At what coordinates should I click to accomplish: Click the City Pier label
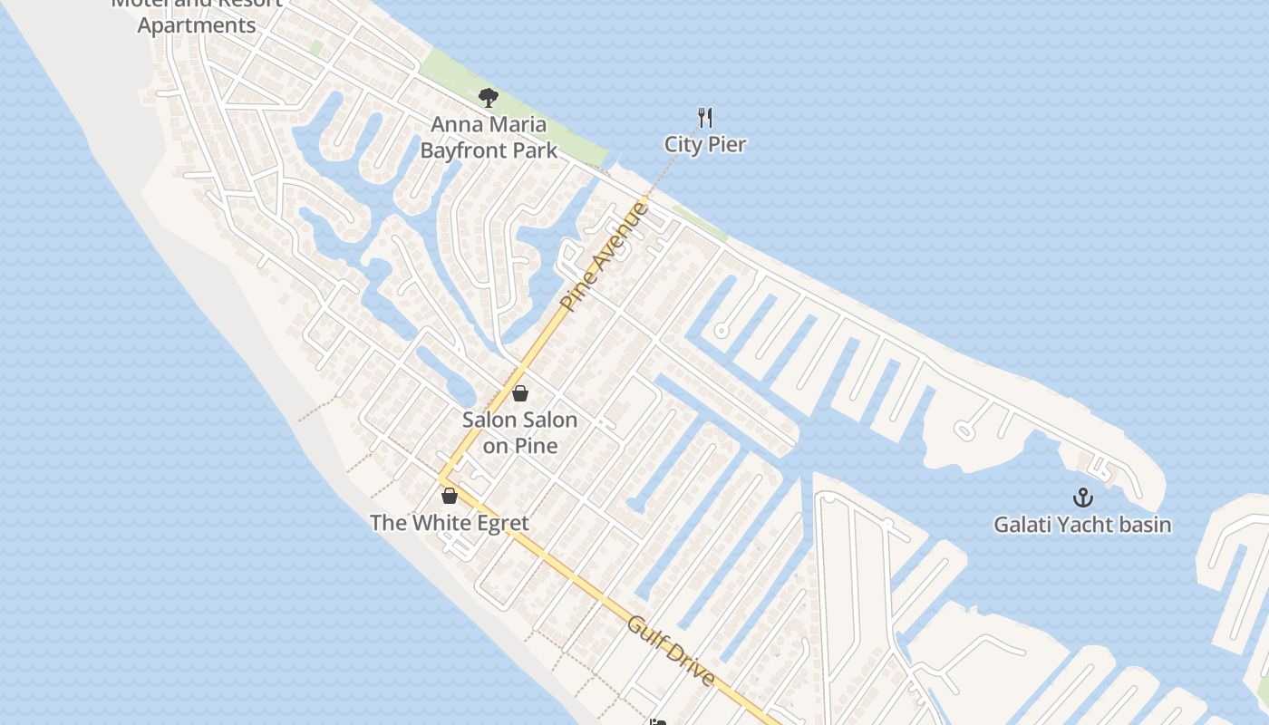(705, 144)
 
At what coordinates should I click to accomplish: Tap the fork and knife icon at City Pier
(705, 117)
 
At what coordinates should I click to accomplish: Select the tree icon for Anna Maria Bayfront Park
(489, 97)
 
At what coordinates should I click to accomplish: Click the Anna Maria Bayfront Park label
(489, 137)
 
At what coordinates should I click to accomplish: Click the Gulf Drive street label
(672, 651)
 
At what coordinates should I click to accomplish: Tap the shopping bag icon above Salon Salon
(520, 393)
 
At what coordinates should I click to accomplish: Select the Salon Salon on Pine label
(519, 432)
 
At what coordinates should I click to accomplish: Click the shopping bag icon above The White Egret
(450, 496)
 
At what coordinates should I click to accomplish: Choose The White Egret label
(450, 523)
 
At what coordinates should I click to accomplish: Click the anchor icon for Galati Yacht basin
(1082, 498)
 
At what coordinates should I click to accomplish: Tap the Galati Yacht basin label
(1082, 525)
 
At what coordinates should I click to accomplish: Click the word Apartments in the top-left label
(197, 25)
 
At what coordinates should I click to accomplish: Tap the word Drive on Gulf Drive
(689, 665)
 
